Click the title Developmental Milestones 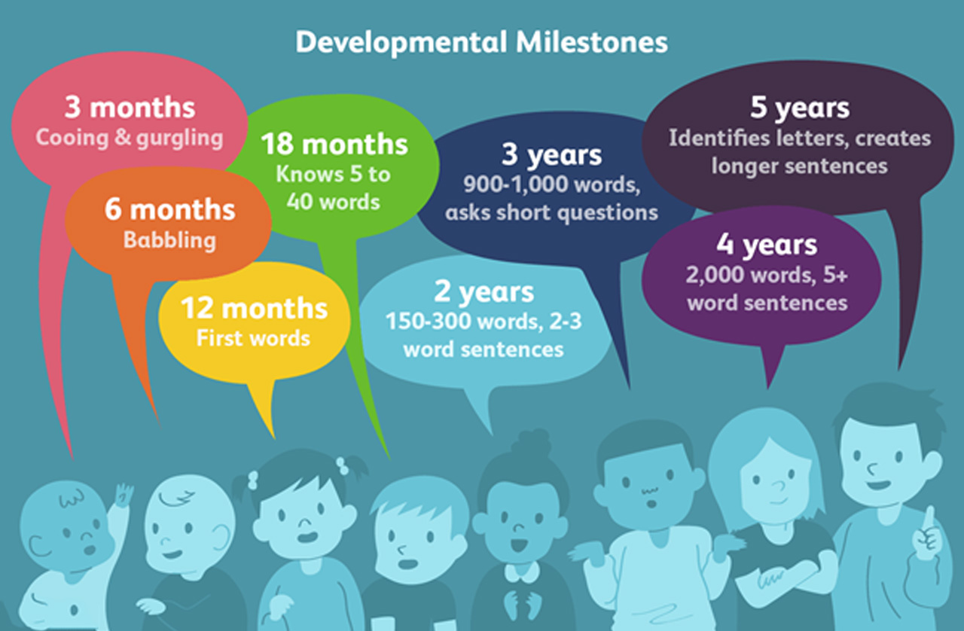coord(481,42)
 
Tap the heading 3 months coord(130,108)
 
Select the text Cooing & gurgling coord(130,139)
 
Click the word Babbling coord(169,240)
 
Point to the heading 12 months coord(254,309)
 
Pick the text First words coord(253,338)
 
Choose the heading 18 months coord(334,144)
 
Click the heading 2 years coord(484,292)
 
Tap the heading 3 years coord(552,155)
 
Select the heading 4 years coord(767,245)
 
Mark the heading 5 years coord(800,108)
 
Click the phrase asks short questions coord(551,212)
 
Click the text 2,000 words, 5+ coord(767,276)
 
